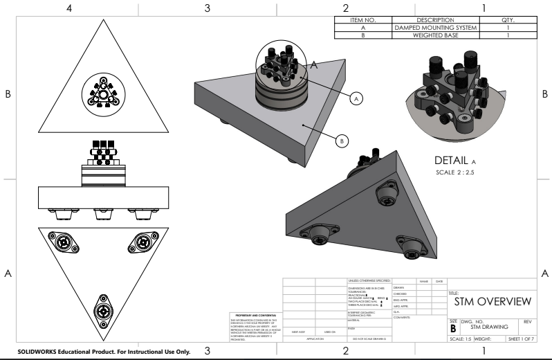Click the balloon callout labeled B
click(341, 141)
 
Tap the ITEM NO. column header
click(363, 20)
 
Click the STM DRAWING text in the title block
click(489, 327)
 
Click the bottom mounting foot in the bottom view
click(105, 308)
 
